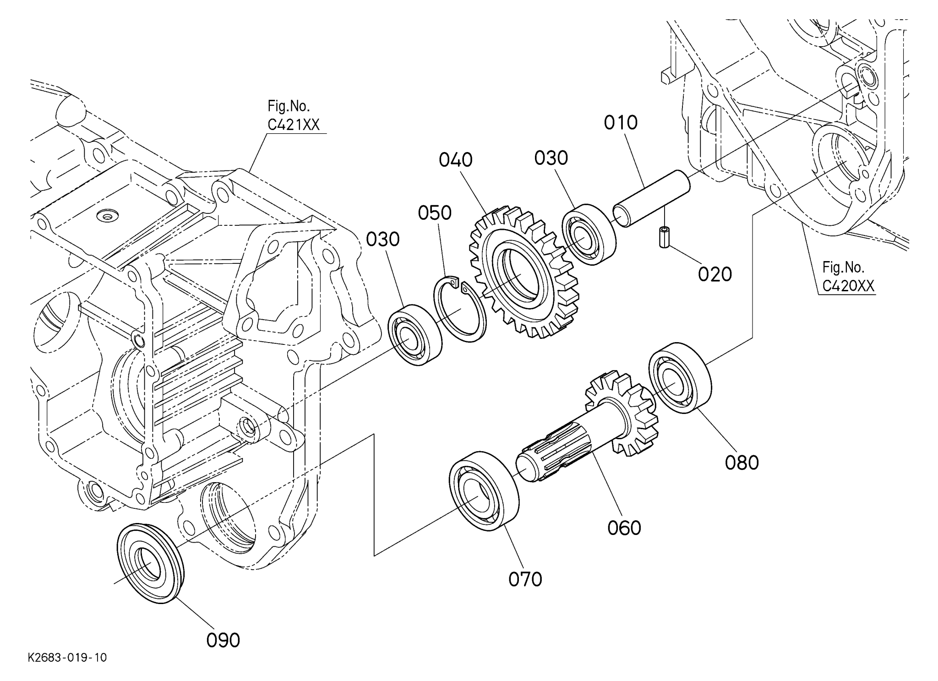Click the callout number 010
click(x=621, y=123)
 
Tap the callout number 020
click(x=714, y=274)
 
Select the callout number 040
click(x=456, y=160)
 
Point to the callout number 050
click(x=435, y=213)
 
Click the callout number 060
click(x=624, y=528)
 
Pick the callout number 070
click(x=525, y=579)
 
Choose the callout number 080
click(x=742, y=463)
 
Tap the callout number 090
click(x=223, y=640)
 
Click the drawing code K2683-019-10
click(x=67, y=658)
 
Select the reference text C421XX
click(x=294, y=125)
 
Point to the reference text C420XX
click(x=848, y=286)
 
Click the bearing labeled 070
click(x=484, y=490)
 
